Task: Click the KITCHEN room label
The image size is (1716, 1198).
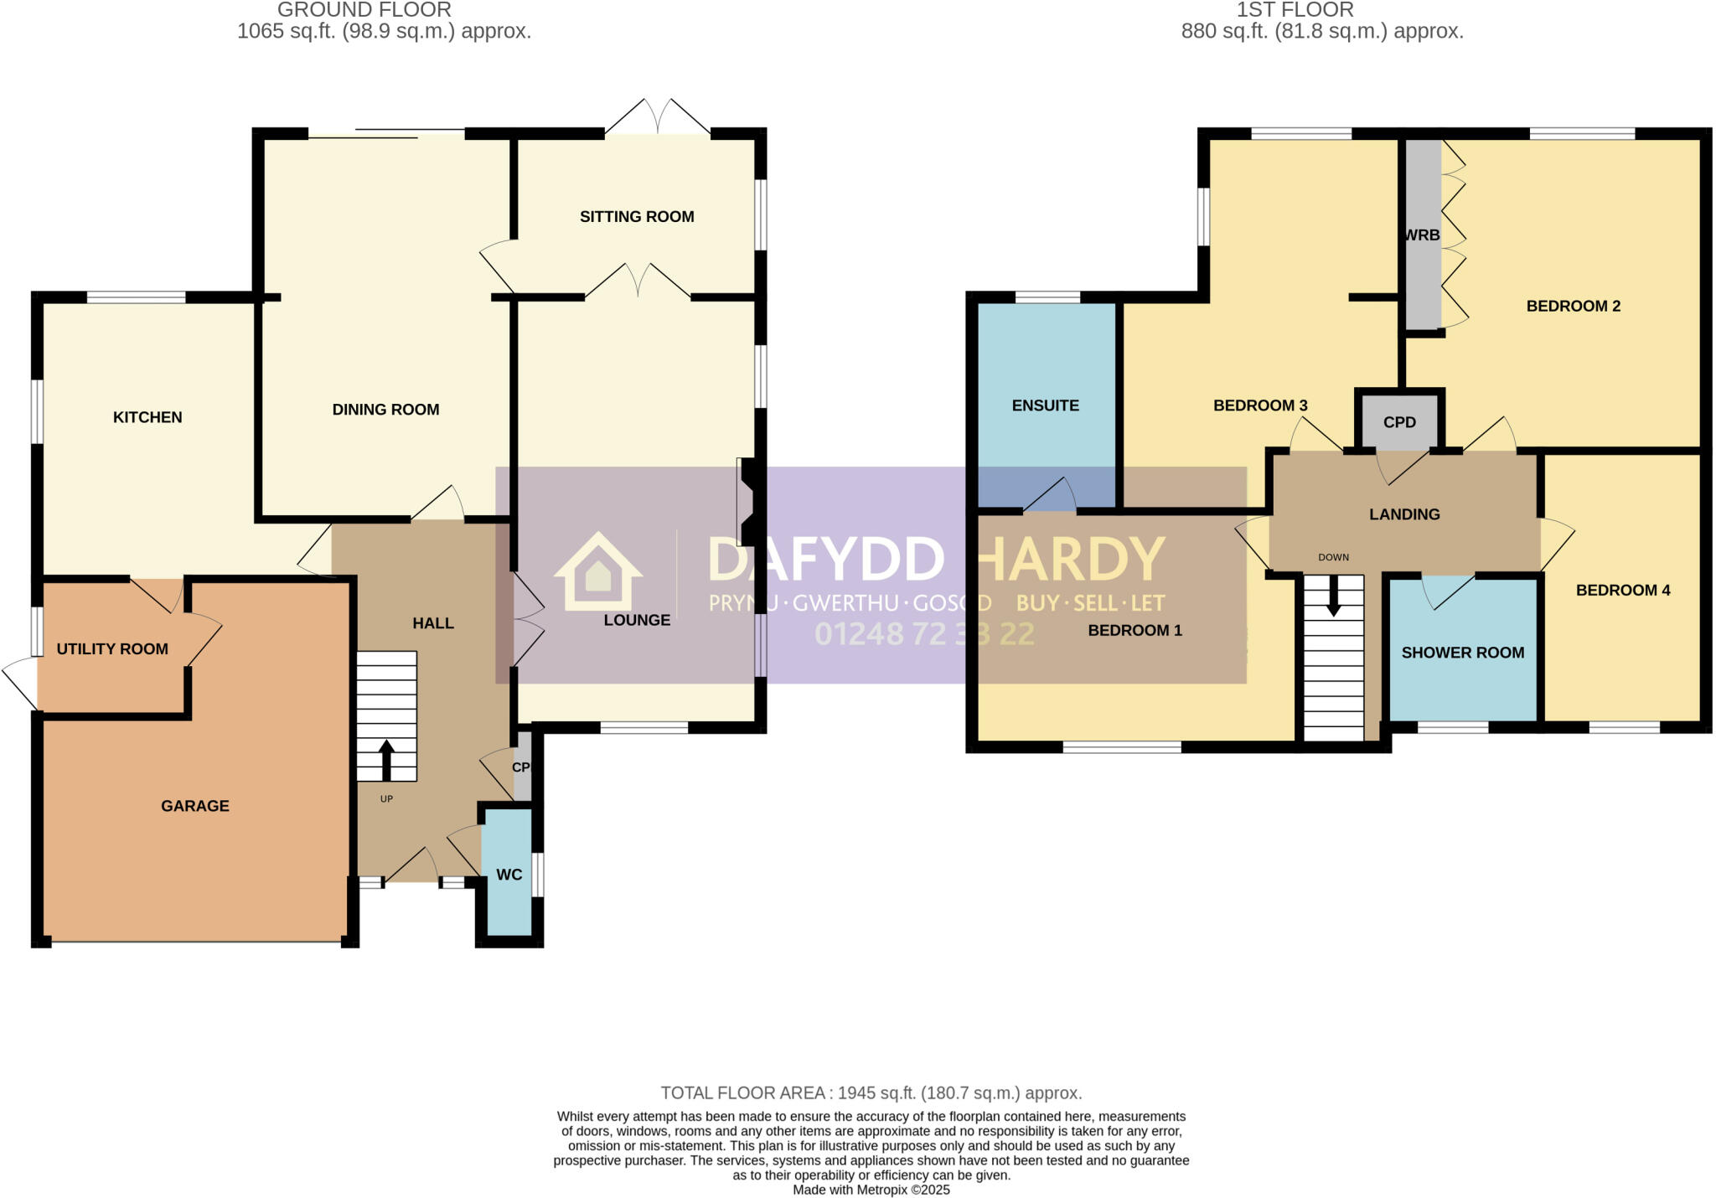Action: pos(147,417)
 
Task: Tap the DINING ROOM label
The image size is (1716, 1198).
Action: pos(385,410)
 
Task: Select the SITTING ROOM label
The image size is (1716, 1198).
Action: pos(637,217)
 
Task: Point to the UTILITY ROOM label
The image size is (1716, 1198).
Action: pos(112,649)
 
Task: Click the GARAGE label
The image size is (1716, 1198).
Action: pos(195,806)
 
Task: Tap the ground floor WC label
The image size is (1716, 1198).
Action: pos(509,875)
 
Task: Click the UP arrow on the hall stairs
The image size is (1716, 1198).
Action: pos(386,759)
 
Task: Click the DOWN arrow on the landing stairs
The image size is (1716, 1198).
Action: pos(1333,596)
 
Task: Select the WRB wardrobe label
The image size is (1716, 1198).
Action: pos(1422,235)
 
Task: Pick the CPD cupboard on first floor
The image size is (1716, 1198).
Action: pos(1399,422)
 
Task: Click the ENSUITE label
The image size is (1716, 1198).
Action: pos(1045,405)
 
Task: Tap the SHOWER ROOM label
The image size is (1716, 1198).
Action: pos(1462,653)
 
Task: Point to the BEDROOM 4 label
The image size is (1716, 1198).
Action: pos(1622,591)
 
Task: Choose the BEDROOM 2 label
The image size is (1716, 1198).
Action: pos(1573,307)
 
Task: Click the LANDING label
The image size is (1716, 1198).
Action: pos(1404,514)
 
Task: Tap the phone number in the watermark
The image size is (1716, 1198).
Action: pos(924,634)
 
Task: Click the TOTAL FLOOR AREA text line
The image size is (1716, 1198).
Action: pos(871,1093)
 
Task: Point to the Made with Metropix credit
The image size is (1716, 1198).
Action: pos(871,1190)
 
